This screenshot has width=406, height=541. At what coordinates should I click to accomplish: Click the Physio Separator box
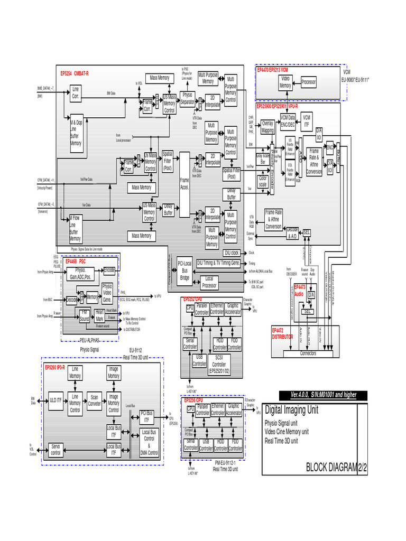pyautogui.click(x=187, y=98)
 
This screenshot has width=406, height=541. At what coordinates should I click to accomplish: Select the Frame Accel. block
pyautogui.click(x=184, y=183)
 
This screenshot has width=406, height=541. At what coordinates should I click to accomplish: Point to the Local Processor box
pyautogui.click(x=209, y=282)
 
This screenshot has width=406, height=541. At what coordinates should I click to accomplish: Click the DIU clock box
pyautogui.click(x=232, y=253)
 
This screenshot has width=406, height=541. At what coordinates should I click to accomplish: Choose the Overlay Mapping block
pyautogui.click(x=267, y=127)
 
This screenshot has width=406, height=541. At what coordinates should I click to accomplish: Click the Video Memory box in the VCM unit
pyautogui.click(x=285, y=82)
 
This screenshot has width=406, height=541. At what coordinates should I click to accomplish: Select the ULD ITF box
pyautogui.click(x=56, y=400)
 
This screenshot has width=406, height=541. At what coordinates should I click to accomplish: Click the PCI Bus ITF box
pyautogui.click(x=146, y=416)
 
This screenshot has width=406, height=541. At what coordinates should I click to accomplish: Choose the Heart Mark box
pyautogui.click(x=99, y=315)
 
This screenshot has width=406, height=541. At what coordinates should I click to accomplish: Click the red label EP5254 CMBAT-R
pyautogui.click(x=75, y=73)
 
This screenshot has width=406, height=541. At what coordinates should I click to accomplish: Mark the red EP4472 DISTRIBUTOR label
pyautogui.click(x=282, y=333)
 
